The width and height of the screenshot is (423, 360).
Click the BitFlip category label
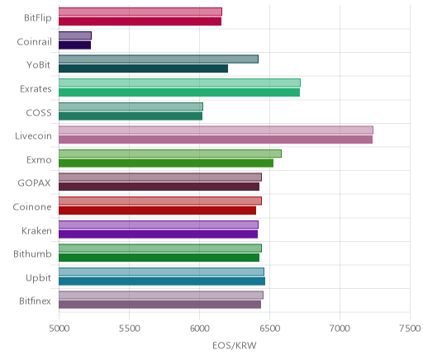tap(38, 18)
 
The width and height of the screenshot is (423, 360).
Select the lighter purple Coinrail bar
tap(75, 36)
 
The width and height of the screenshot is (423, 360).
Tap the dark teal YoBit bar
tap(143, 69)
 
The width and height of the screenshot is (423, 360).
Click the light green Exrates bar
tap(179, 83)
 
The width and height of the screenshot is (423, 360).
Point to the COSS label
tap(39, 112)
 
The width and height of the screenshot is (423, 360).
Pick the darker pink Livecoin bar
tap(216, 140)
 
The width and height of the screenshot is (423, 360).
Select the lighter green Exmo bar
tap(170, 154)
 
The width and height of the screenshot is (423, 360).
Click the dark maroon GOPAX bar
tap(159, 187)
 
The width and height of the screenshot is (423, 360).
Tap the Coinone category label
tap(32, 206)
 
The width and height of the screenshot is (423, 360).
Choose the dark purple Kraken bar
tap(158, 234)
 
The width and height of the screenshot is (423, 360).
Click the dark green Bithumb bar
tap(159, 258)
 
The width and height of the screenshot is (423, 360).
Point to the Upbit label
tap(39, 278)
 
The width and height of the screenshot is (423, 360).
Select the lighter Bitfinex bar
tap(161, 295)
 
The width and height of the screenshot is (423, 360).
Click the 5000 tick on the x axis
tap(59, 329)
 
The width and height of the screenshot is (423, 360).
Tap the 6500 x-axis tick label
tap(270, 329)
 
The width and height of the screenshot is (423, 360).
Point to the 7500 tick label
tap(411, 329)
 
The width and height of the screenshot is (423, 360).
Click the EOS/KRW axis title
tap(235, 345)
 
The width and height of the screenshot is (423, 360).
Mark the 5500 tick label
tap(130, 329)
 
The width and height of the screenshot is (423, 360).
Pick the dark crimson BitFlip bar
tap(140, 21)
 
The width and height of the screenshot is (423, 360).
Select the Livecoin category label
tap(33, 136)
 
